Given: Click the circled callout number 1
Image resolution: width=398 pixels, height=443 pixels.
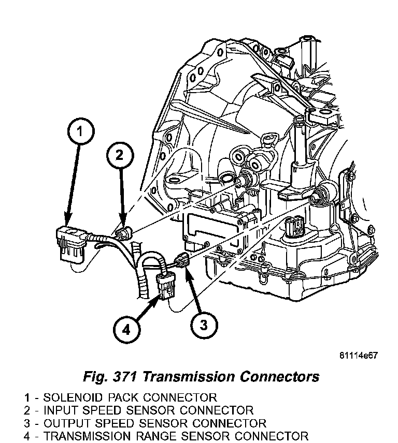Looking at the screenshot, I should point(79,132).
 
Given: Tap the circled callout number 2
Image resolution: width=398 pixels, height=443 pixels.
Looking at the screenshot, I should point(120,155).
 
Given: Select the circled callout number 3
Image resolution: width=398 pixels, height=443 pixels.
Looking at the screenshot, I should point(203,324).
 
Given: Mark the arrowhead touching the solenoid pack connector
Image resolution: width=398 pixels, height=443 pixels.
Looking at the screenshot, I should point(67,222).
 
